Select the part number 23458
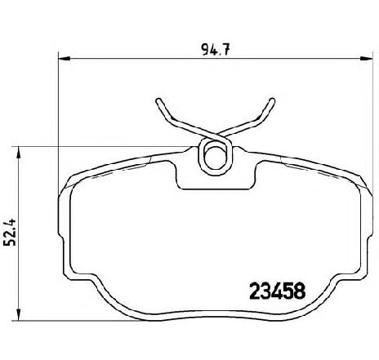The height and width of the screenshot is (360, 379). point(276,289)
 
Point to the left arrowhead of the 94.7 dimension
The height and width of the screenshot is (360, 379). point(63,57)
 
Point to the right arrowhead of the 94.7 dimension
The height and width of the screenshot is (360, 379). point(363,57)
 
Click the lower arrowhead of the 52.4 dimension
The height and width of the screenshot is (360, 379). point(18,321)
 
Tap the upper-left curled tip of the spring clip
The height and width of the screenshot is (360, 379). point(158,103)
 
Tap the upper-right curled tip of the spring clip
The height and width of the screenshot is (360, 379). point(270,103)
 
